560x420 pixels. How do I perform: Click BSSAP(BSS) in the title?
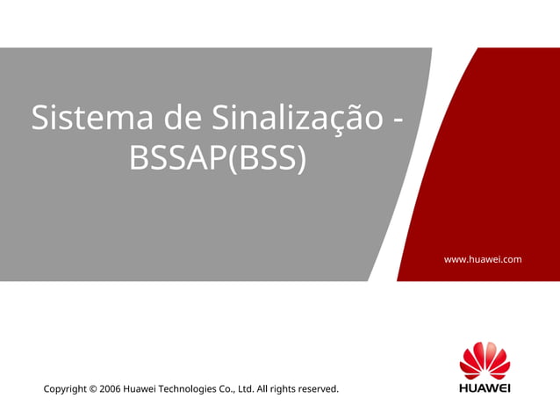tap(218, 158)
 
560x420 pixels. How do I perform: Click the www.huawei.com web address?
tap(483, 259)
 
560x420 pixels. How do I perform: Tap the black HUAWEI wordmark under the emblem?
tap(485, 387)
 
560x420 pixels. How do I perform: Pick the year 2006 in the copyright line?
tap(110, 388)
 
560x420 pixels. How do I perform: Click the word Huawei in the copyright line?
tap(141, 388)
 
